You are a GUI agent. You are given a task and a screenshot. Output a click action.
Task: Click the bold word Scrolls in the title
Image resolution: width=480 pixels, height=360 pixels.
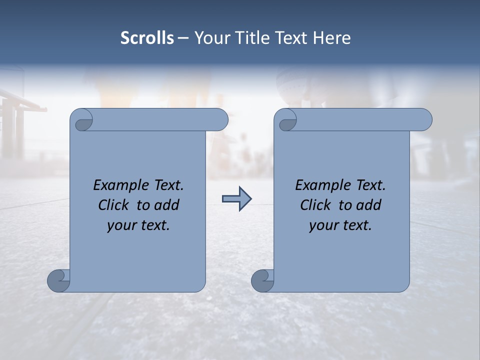(147, 38)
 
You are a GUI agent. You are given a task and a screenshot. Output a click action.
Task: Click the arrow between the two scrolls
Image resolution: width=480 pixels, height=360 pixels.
(236, 199)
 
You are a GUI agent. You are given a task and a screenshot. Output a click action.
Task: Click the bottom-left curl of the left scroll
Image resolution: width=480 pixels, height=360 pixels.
(58, 280)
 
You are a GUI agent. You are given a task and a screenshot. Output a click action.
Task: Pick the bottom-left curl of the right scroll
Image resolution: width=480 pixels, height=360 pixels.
(262, 280)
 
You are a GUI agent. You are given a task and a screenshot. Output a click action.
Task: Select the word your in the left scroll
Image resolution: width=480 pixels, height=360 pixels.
(122, 225)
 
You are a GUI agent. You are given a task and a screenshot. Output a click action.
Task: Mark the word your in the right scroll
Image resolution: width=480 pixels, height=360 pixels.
(324, 225)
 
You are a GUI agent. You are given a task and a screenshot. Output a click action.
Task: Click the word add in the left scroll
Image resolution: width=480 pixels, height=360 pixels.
(167, 205)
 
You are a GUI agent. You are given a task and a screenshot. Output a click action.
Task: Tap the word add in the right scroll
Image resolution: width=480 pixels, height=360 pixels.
(369, 205)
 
